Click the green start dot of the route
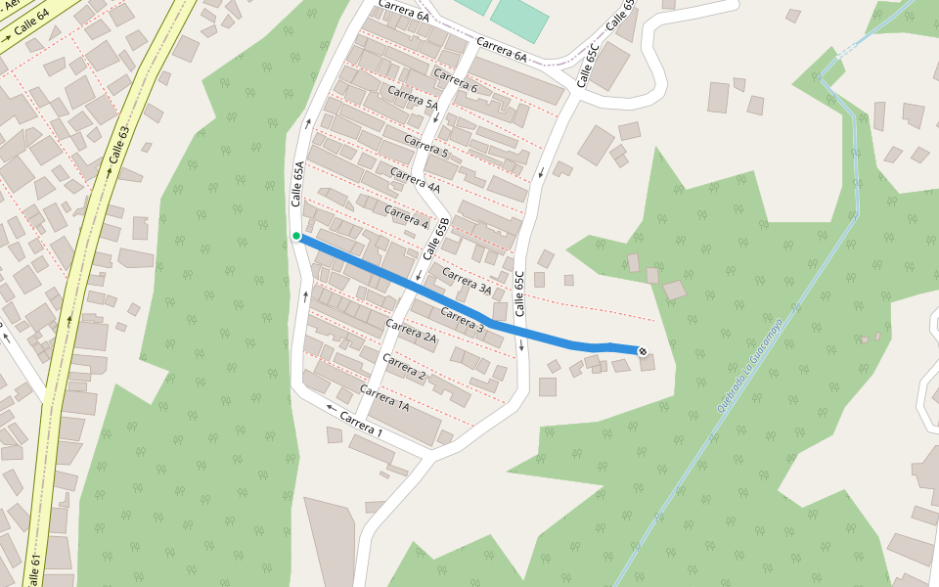click(x=296, y=236)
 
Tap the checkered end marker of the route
click(x=642, y=351)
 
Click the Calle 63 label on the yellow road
click(x=119, y=145)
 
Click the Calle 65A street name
click(x=298, y=185)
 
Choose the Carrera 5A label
click(x=413, y=102)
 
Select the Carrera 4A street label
click(x=415, y=180)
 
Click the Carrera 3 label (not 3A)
click(x=462, y=320)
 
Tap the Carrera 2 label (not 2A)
click(x=404, y=367)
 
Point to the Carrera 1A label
click(x=383, y=396)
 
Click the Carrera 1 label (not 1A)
click(x=361, y=424)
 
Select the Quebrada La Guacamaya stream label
click(x=750, y=364)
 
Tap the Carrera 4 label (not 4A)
click(x=406, y=217)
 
